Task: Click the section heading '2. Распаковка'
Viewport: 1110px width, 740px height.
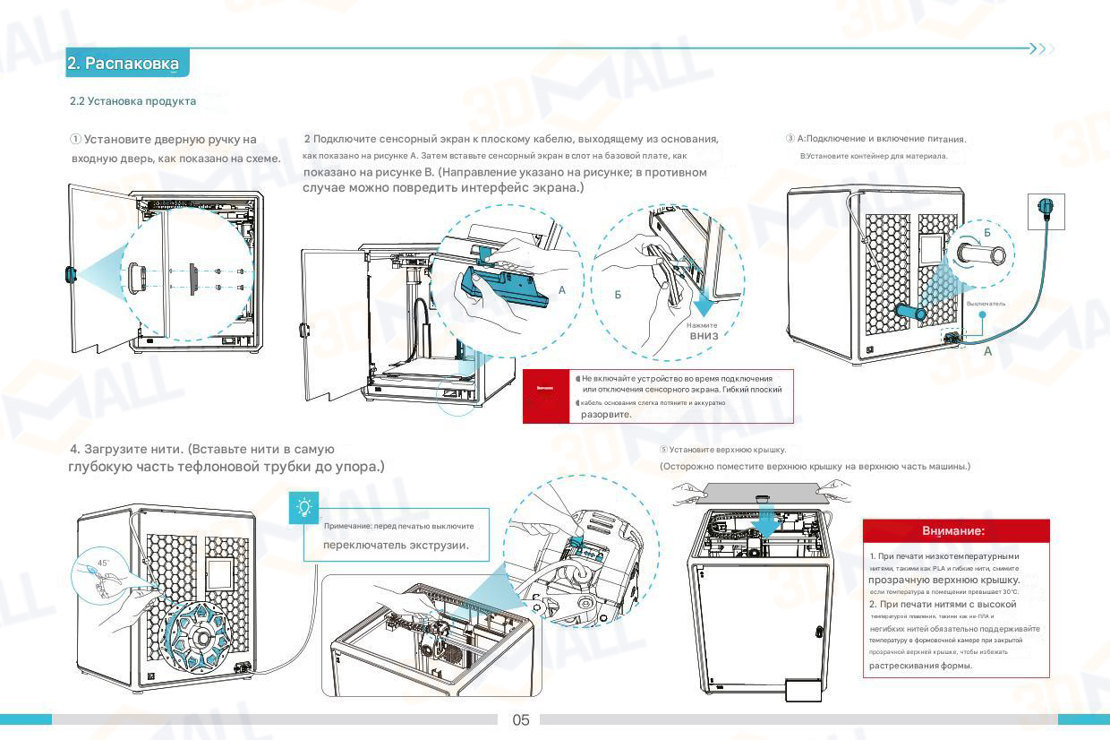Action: tap(124, 64)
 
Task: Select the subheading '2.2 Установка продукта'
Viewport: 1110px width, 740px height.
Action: tap(132, 101)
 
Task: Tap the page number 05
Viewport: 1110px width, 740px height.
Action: tap(521, 719)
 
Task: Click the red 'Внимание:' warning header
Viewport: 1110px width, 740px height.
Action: tap(953, 531)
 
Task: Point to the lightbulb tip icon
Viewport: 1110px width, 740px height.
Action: tap(304, 508)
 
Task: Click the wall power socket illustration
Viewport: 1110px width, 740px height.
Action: tap(1046, 211)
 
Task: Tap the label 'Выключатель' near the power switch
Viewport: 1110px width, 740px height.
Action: tap(986, 304)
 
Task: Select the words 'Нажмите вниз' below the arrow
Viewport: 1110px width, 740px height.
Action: tap(704, 331)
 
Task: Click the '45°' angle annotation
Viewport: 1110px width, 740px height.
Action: tap(103, 564)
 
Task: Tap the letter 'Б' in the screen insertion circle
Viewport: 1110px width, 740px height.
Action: tap(618, 295)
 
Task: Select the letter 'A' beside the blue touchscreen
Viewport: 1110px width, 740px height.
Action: tap(562, 290)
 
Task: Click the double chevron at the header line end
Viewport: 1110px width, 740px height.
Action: tap(1041, 48)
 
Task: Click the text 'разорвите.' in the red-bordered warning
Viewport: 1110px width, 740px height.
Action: tap(607, 414)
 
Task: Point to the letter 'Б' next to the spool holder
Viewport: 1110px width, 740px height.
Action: tap(987, 233)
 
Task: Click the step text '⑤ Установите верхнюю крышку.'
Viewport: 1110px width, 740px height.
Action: tap(722, 450)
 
